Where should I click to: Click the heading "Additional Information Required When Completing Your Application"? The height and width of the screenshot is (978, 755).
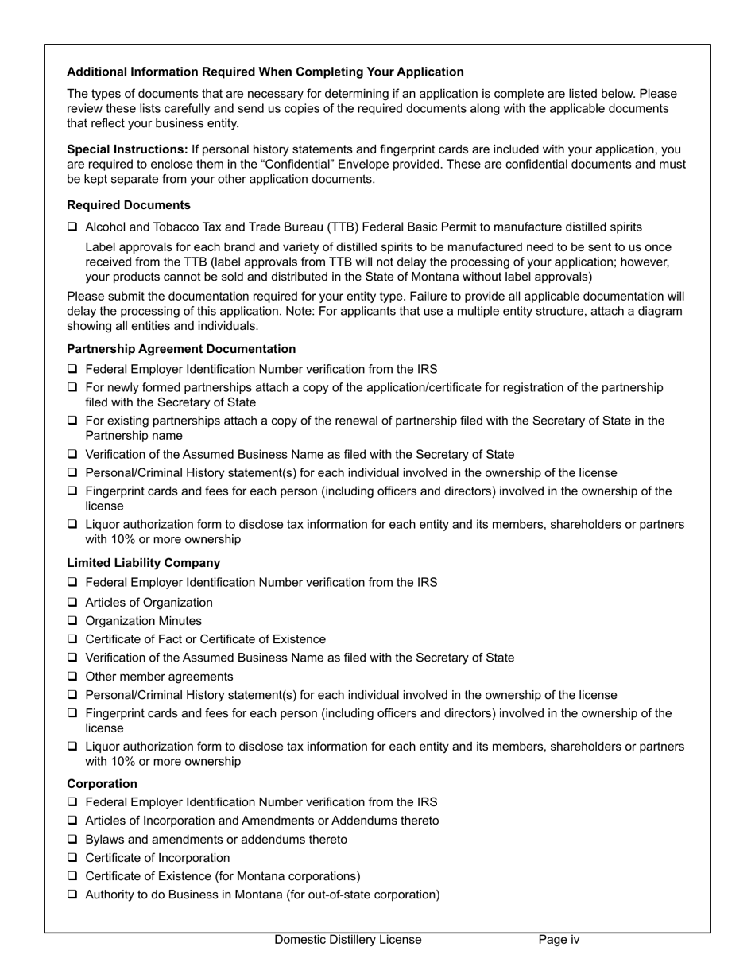(265, 72)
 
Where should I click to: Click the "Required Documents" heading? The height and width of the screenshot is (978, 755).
(129, 205)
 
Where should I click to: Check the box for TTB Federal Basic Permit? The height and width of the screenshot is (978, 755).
(72, 227)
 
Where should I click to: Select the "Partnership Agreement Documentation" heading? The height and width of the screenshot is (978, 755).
(181, 349)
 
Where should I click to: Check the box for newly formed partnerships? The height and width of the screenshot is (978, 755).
(72, 387)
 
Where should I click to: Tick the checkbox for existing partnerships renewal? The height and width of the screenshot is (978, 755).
(72, 421)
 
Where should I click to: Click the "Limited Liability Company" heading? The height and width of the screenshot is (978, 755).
(144, 562)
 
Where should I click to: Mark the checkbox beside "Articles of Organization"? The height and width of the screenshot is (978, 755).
(72, 603)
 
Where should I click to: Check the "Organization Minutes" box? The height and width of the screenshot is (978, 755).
(72, 621)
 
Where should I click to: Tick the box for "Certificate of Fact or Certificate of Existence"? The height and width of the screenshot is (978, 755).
(72, 639)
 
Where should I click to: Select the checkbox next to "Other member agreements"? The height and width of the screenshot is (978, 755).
(72, 677)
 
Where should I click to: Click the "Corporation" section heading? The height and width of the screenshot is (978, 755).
(102, 783)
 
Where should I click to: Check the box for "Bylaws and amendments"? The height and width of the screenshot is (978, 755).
(72, 840)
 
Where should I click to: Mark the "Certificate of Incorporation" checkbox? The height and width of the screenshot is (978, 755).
(72, 858)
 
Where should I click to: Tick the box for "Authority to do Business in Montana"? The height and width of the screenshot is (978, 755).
(72, 895)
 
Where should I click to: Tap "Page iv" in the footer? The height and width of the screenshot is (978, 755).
(559, 940)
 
